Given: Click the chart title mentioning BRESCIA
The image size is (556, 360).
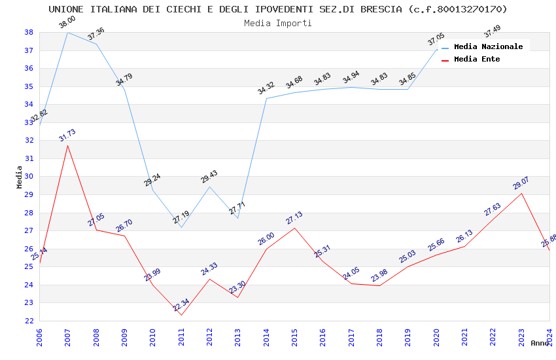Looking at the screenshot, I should (x=278, y=9).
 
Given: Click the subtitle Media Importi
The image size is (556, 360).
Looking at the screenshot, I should (x=278, y=23).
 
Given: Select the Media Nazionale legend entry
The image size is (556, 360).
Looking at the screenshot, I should (x=488, y=46).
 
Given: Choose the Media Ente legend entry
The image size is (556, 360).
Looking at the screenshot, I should (x=477, y=59).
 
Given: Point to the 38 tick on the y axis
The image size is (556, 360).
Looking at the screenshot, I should (x=29, y=33).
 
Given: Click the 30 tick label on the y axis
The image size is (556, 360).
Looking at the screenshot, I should (x=29, y=177).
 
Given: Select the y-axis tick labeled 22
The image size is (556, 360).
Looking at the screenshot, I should (x=29, y=321).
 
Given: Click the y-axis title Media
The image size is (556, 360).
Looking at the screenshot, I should (x=19, y=177).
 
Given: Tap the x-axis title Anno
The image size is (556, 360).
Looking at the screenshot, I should (x=540, y=343).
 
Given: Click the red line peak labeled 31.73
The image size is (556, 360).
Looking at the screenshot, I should (x=67, y=145).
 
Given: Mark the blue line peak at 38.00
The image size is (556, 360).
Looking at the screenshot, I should (x=67, y=32).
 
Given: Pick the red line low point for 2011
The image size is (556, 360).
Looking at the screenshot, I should (x=181, y=315).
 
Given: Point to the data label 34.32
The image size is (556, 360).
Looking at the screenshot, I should (x=266, y=88).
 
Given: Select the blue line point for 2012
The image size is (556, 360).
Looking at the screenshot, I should (x=209, y=187).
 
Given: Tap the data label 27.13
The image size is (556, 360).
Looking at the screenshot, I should (x=294, y=218).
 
